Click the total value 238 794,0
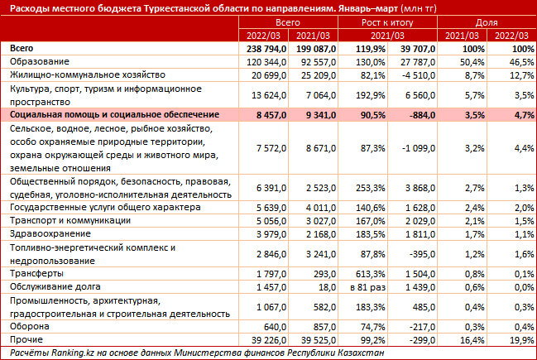[266, 49]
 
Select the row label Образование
[40, 62]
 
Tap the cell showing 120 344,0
[266, 62]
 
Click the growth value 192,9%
[371, 95]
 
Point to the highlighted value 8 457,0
[271, 115]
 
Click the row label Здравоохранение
[50, 233]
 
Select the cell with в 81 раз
[368, 287]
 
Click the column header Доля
[487, 22]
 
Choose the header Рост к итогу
[387, 22]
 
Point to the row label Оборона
[30, 326]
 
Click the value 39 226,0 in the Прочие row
[268, 340]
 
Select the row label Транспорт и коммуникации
[70, 221]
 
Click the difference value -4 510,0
[419, 75]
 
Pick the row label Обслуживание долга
[55, 286]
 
